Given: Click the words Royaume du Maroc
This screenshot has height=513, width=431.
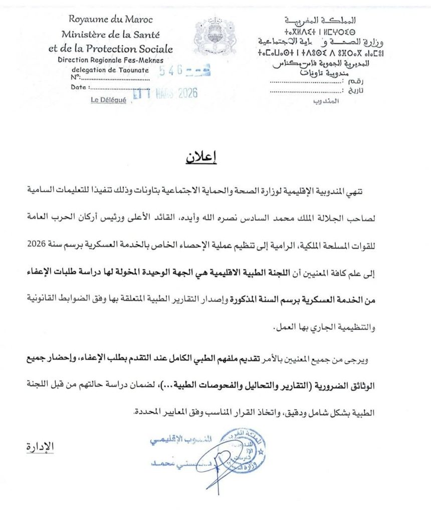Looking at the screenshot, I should coord(111,20).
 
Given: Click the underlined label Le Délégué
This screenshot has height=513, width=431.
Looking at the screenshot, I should coord(108,100).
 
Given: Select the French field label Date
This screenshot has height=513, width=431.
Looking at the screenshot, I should coord(79,87).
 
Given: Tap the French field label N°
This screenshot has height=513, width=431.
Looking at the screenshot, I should coord(76,77).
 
